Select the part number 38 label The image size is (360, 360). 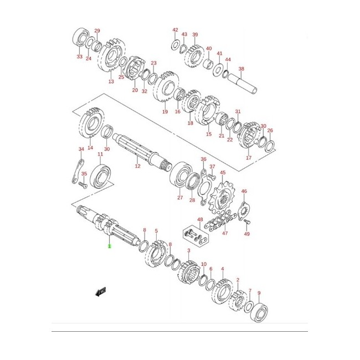(241, 69)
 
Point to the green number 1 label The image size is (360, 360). (110, 246)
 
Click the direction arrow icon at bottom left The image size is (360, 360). (100, 291)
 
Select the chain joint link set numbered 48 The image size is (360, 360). (194, 236)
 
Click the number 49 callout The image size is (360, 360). (247, 234)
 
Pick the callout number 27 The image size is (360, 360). (180, 198)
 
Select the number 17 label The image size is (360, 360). (249, 158)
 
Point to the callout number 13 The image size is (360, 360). (111, 81)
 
